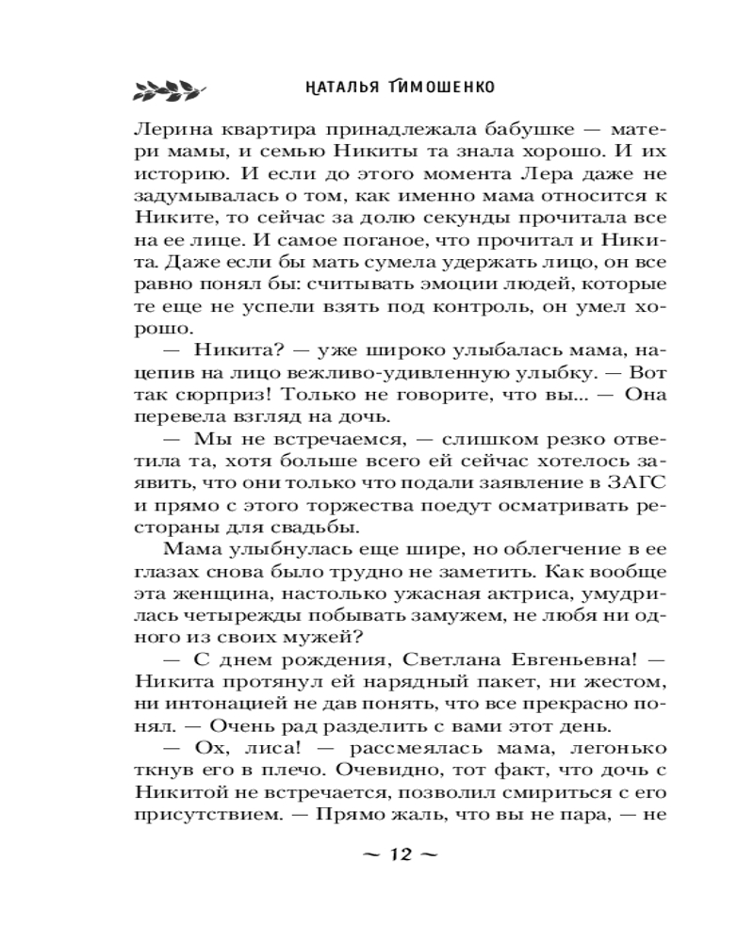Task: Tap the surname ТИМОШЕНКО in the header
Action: point(440,87)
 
